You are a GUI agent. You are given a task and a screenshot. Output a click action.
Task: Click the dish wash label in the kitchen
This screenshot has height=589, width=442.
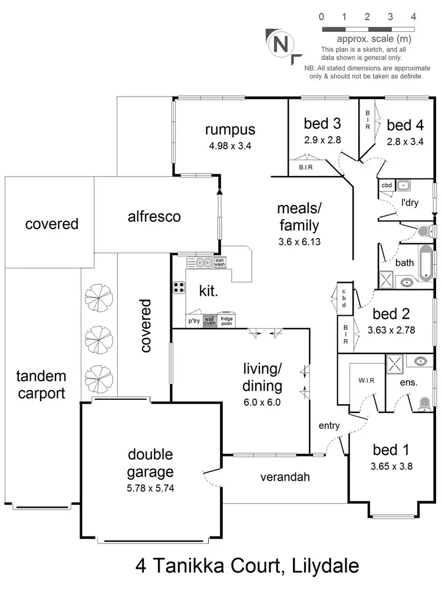pyautogui.click(x=220, y=263)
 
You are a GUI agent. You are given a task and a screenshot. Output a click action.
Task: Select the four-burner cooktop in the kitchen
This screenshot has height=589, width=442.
pyautogui.click(x=178, y=288)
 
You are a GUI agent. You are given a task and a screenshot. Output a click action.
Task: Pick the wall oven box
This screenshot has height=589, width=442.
pyautogui.click(x=210, y=321)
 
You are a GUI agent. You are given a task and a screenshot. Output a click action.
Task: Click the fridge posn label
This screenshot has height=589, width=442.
pyautogui.click(x=226, y=321)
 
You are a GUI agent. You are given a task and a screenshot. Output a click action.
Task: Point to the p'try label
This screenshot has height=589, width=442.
pyautogui.click(x=194, y=322)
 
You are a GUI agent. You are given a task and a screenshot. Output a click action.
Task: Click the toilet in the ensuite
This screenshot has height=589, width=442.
pyautogui.click(x=423, y=403)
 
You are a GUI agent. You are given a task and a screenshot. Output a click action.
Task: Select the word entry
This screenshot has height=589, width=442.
pyautogui.click(x=329, y=425)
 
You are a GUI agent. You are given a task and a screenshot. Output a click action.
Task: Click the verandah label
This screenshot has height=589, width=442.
pyautogui.click(x=285, y=477)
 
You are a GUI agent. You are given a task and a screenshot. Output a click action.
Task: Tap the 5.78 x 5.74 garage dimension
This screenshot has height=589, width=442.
pyautogui.click(x=151, y=488)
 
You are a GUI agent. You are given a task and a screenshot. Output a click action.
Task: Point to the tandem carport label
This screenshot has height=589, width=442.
pyautogui.click(x=41, y=385)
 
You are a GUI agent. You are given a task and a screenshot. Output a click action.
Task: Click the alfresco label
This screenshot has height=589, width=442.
pyautogui.click(x=154, y=217)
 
